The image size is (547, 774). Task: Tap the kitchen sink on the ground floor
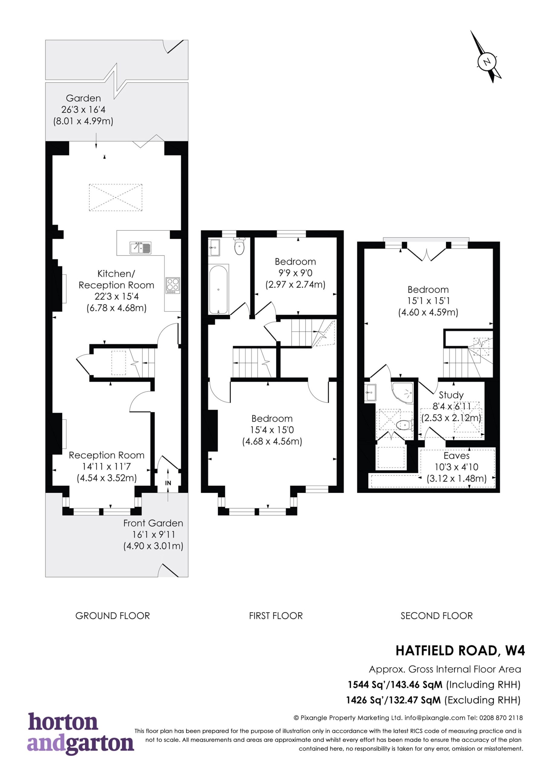pyautogui.click(x=141, y=248)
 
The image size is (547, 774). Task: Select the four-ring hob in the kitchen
pyautogui.click(x=173, y=286)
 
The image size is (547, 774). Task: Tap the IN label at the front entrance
pyautogui.click(x=168, y=483)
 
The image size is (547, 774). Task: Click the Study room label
pyautogui.click(x=451, y=395)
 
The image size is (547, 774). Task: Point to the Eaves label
pyautogui.click(x=456, y=456)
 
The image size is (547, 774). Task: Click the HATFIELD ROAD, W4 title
pyautogui.click(x=460, y=651)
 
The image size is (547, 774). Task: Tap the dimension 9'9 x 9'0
pyautogui.click(x=295, y=273)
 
